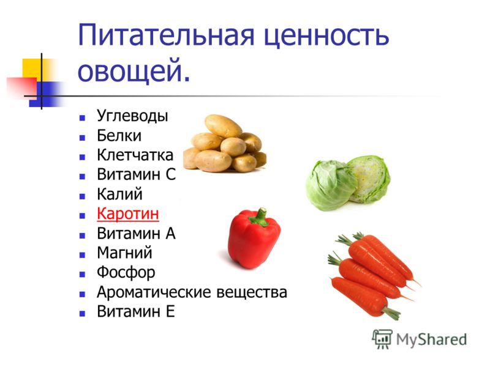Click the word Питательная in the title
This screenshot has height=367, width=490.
(166, 35)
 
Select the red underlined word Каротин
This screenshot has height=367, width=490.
(128, 213)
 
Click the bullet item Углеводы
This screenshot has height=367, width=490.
(132, 116)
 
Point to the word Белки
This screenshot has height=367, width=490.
(119, 136)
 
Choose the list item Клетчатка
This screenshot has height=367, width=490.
(135, 155)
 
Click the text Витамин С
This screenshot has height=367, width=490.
(136, 174)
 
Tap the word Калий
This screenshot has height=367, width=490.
(119, 194)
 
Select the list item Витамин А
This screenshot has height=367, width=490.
(136, 234)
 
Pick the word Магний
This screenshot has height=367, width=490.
(124, 253)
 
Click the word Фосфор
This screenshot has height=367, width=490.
(126, 273)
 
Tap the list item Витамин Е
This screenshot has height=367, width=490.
(135, 311)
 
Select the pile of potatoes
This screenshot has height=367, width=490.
(225, 144)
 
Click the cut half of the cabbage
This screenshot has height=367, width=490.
(370, 179)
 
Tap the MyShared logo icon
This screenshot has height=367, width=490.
(382, 339)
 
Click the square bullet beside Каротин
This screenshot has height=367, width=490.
(82, 216)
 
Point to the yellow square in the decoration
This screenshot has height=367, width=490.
(32, 69)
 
